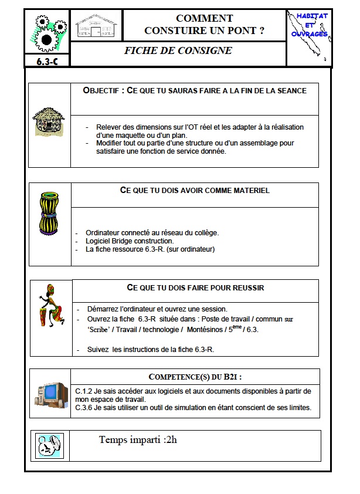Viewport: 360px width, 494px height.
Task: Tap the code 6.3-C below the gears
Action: click(x=46, y=60)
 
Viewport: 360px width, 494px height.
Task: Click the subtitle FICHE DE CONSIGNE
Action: click(x=178, y=50)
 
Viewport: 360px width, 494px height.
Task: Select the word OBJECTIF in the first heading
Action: click(x=102, y=91)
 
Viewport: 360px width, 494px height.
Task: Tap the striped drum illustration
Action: click(x=50, y=215)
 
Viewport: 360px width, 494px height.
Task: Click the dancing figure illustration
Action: click(x=52, y=306)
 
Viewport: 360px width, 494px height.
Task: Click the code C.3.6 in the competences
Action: click(x=86, y=407)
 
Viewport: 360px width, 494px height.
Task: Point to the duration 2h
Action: click(x=171, y=439)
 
